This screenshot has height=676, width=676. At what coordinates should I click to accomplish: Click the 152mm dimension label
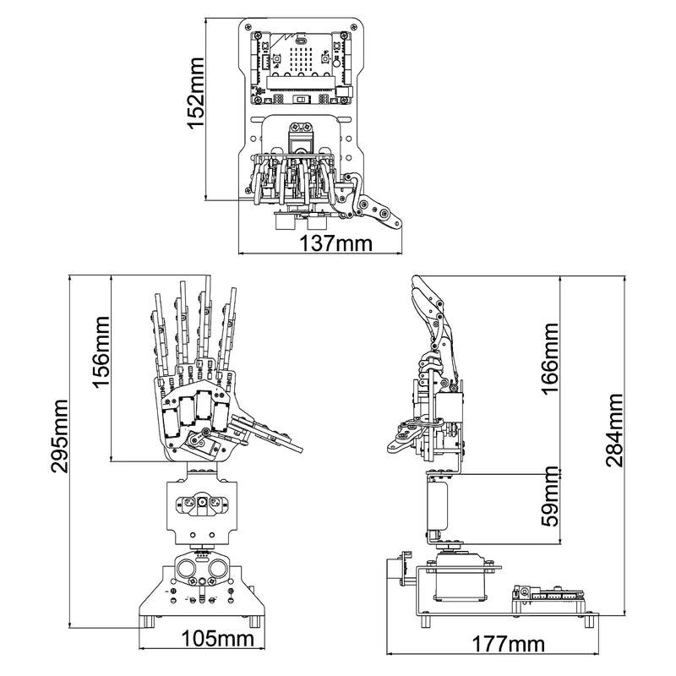196,92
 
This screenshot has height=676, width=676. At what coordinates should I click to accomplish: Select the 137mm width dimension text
336,243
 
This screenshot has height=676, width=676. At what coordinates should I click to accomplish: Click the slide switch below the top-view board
301,101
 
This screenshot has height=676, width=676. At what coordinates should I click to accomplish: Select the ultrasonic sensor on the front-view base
201,566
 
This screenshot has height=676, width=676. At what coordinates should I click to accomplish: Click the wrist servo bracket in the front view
200,506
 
